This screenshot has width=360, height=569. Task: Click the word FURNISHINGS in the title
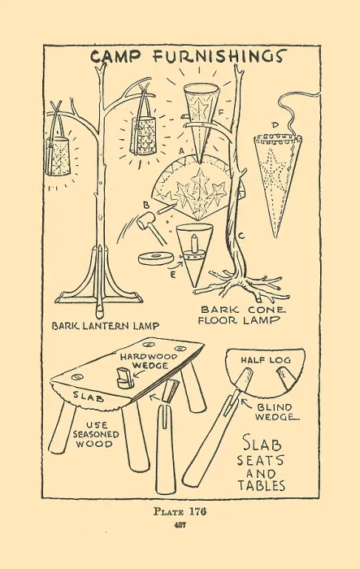click(219, 57)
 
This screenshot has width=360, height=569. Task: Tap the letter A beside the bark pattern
click(182, 149)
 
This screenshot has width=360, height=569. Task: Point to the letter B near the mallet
click(146, 206)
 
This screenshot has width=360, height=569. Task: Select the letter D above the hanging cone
click(275, 125)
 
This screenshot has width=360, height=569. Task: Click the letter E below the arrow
click(173, 275)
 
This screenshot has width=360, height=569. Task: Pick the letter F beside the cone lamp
click(220, 112)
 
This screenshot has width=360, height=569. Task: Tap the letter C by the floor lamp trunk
click(241, 237)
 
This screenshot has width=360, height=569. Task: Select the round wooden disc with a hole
click(156, 258)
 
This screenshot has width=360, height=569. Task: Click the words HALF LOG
click(266, 359)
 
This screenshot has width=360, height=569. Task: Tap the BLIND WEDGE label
click(275, 412)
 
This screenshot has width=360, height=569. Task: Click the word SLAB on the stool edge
click(89, 397)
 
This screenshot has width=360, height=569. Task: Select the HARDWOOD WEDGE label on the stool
click(149, 361)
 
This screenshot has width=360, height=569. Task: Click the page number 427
click(180, 525)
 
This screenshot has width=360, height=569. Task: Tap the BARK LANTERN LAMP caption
click(106, 326)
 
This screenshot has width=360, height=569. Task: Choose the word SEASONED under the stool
click(96, 434)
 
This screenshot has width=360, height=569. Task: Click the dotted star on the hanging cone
click(271, 165)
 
